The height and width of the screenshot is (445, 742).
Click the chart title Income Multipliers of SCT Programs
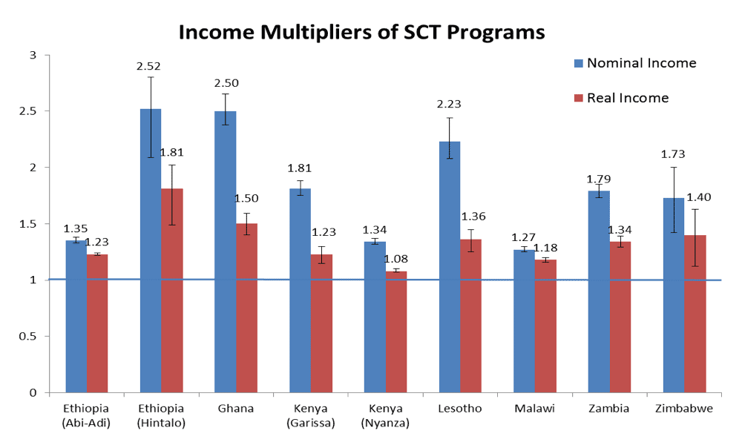[362, 33]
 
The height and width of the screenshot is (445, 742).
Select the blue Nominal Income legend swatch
[579, 63]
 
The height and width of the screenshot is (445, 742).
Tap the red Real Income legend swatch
[579, 98]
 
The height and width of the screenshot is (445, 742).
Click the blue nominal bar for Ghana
[226, 252]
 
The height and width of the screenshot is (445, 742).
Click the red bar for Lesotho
[470, 316]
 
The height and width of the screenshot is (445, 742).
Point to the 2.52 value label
[148, 66]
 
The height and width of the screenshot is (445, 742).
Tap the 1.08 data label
[395, 260]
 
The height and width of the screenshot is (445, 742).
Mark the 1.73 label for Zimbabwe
[672, 154]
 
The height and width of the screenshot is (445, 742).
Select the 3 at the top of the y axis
[32, 55]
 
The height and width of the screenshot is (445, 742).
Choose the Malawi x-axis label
[534, 409]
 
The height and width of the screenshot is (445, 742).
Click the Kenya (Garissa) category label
[310, 415]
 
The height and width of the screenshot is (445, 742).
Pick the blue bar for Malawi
[525, 321]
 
